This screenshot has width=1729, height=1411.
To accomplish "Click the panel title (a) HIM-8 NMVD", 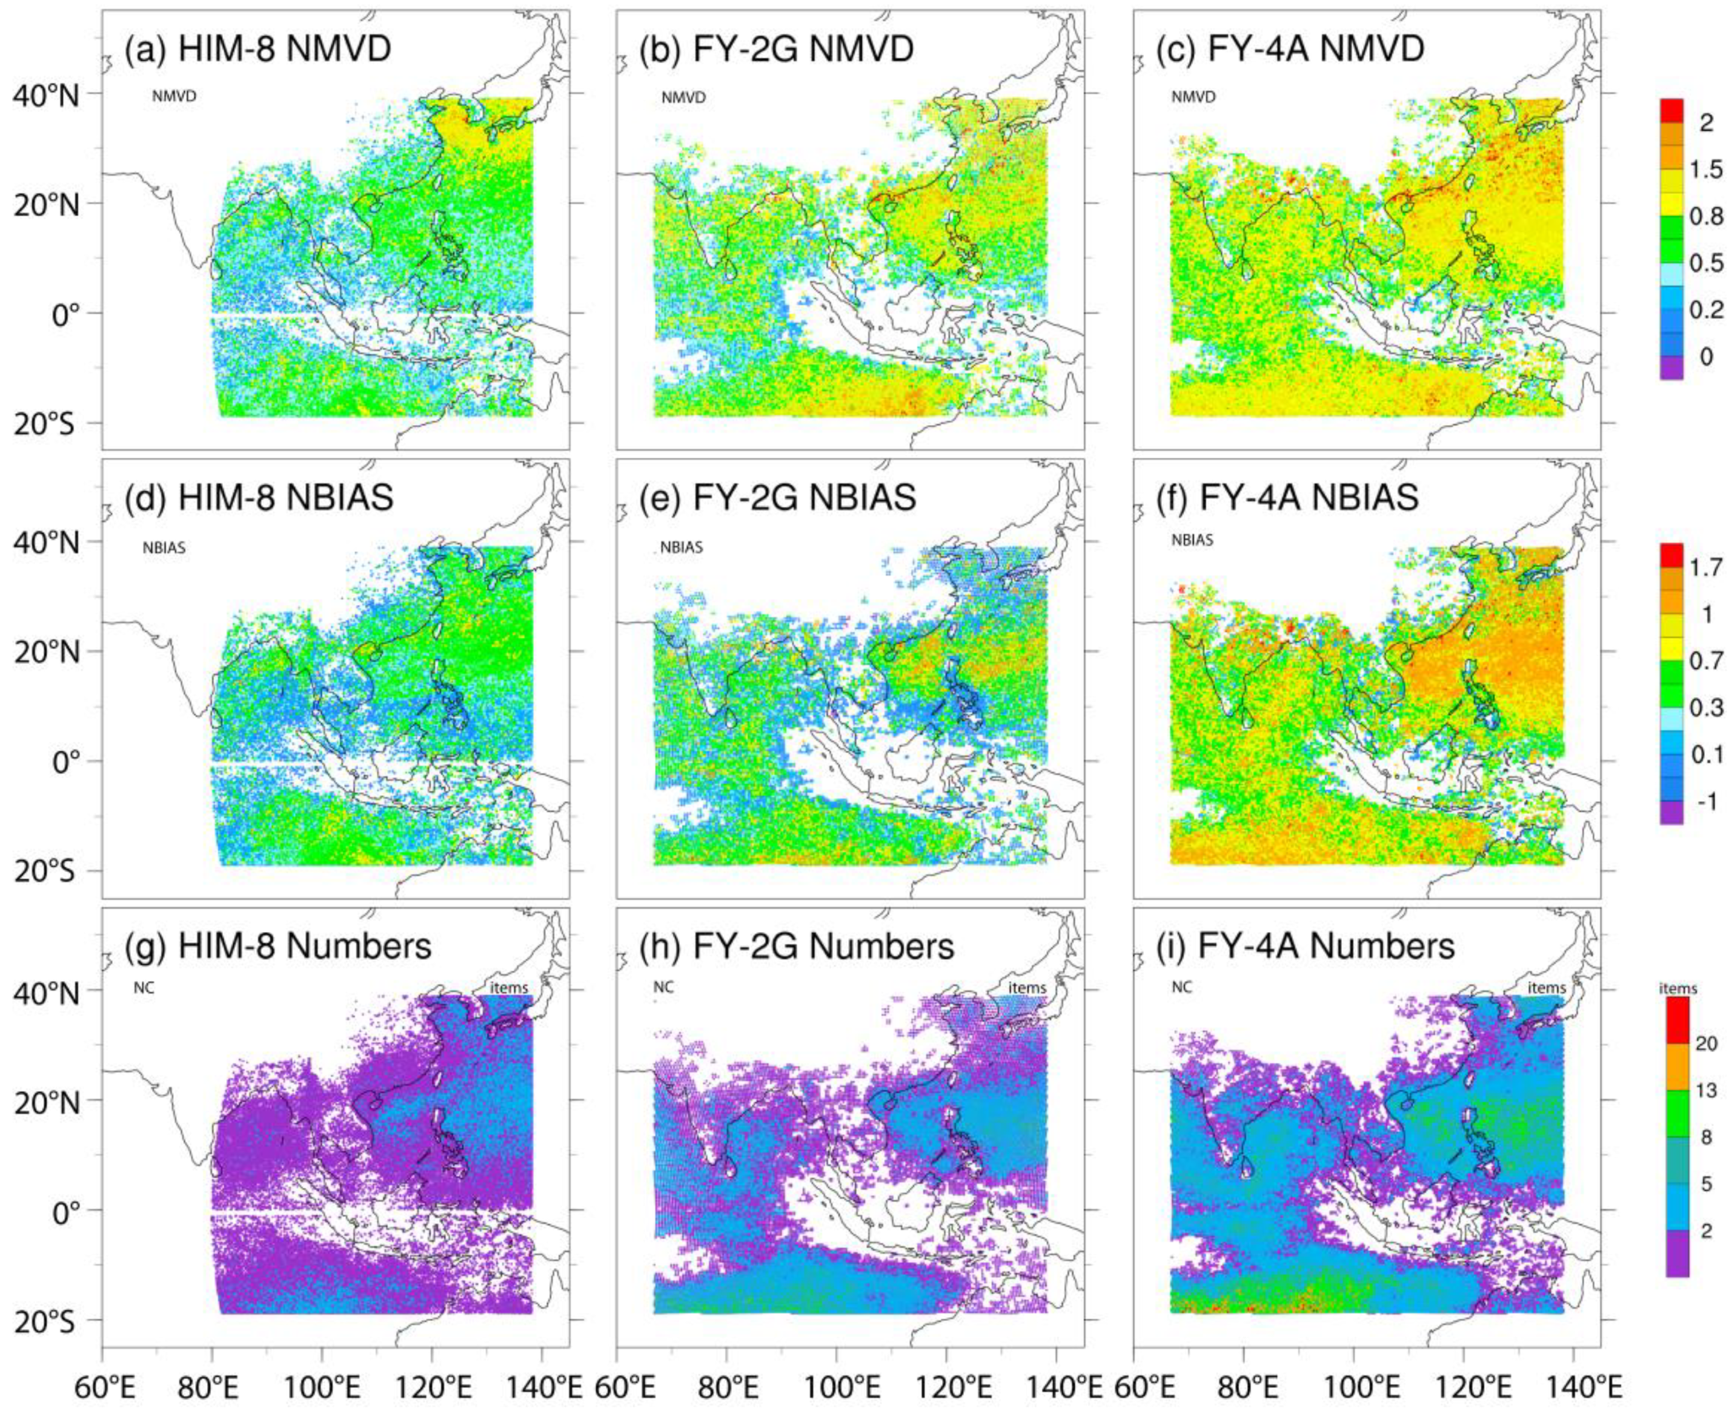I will pyautogui.click(x=257, y=50).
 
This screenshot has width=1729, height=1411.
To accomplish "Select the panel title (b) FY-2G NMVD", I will pyautogui.click(x=775, y=50).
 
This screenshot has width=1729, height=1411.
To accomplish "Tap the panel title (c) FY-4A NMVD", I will pyautogui.click(x=1290, y=50).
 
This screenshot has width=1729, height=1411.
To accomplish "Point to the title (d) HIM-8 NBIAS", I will pyautogui.click(x=259, y=497).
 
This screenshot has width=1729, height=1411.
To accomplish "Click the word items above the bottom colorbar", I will pyautogui.click(x=1678, y=988).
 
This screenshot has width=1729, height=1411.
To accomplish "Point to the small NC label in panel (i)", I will pyautogui.click(x=1181, y=988).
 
